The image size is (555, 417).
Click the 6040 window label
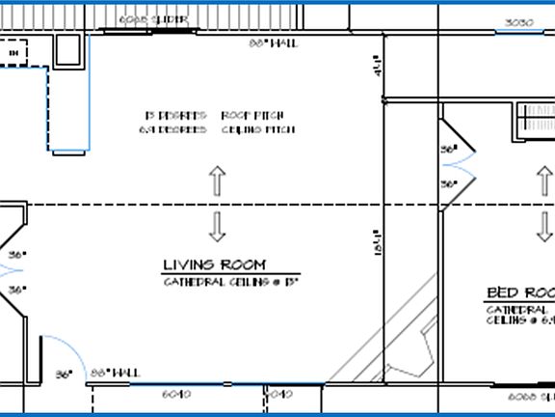coord(175,394)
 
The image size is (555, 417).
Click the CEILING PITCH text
coord(258,129)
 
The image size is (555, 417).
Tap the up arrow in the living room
coord(217,181)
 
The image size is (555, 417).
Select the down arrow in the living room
coord(217,226)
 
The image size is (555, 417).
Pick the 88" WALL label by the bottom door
coord(115,373)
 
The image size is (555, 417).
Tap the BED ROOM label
coord(520,292)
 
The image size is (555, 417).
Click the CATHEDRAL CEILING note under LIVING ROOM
coord(231,282)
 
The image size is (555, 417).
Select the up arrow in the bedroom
coord(544,180)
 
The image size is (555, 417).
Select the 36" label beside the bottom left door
coord(65,375)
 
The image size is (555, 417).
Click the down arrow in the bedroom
coord(544,228)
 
